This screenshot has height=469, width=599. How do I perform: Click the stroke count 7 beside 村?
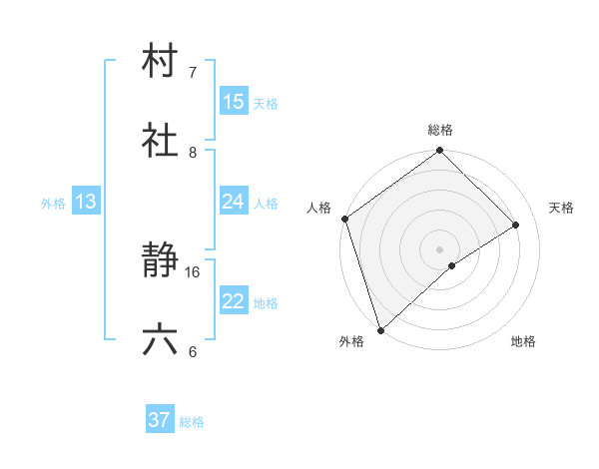point(193,73)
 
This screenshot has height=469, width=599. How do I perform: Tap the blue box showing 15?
point(234,102)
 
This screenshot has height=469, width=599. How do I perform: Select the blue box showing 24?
point(234,202)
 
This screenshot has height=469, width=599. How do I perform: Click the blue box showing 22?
point(234,301)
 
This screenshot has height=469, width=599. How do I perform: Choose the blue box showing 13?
point(86,202)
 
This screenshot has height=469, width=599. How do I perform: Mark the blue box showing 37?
point(160,420)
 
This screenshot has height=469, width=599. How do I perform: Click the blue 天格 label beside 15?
point(266,103)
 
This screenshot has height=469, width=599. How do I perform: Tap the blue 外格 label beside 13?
point(53,203)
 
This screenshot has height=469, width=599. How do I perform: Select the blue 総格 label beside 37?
point(192,421)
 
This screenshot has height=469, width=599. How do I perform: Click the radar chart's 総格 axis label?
point(440,130)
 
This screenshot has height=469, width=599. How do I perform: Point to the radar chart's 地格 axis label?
point(523,341)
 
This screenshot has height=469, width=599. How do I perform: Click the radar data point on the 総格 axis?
point(440,152)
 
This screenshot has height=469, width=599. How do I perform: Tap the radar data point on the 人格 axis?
point(345,219)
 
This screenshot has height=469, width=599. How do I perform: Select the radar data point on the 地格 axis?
point(452,265)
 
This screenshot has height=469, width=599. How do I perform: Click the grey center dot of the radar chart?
point(440,248)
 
